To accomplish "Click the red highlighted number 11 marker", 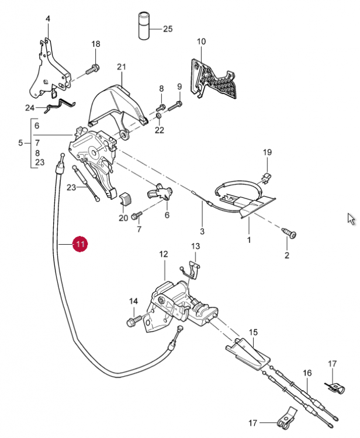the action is (x=80, y=244).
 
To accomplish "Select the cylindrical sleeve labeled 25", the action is (x=144, y=26).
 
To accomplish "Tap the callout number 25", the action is (x=168, y=29).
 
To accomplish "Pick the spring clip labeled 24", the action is (x=60, y=106).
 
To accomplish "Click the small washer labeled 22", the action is (x=158, y=116).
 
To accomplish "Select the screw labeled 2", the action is (x=289, y=233).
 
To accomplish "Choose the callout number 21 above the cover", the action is (x=122, y=67).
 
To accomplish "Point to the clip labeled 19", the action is (x=266, y=177).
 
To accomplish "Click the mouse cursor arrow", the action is (x=351, y=219).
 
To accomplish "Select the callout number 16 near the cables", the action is (x=307, y=373).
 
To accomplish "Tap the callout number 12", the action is (x=164, y=254).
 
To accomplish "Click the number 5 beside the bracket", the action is (x=20, y=143).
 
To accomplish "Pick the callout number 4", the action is (x=48, y=19).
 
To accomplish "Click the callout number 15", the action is (x=253, y=332).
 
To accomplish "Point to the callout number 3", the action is (x=202, y=231).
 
